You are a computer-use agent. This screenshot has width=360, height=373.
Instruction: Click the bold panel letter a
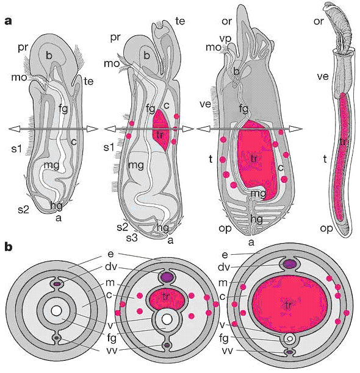[x=8, y=21]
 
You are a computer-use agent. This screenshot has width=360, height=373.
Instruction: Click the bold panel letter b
[x=9, y=247]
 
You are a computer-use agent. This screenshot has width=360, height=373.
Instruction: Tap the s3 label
[x=132, y=238]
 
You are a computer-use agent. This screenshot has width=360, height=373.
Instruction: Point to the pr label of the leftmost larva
[x=23, y=48]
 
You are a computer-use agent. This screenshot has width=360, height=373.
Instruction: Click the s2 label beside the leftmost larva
[x=23, y=209]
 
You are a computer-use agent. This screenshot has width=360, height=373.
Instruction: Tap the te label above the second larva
[x=180, y=21]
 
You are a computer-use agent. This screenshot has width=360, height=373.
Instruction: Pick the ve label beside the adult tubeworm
[x=323, y=77]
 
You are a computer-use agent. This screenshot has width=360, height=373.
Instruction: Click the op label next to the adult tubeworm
[x=326, y=229]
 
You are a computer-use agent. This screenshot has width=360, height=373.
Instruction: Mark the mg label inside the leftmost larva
[x=52, y=165]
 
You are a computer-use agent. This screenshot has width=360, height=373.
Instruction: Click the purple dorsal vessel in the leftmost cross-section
[x=57, y=284]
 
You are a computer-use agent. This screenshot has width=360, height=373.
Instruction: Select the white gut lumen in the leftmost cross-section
[x=57, y=311]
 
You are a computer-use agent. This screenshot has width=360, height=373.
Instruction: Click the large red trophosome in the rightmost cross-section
[x=289, y=305]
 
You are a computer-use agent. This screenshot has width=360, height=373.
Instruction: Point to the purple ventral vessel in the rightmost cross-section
[x=290, y=352]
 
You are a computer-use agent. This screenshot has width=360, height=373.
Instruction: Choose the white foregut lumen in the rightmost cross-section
[x=289, y=338]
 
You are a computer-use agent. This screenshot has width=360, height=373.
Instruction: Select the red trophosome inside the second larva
[x=160, y=130]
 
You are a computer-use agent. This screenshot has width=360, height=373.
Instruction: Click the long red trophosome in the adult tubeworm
[x=342, y=155]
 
